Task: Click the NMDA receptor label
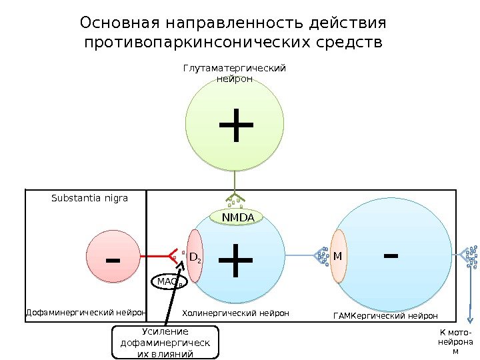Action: (x=237, y=217)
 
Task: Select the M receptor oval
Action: (x=338, y=256)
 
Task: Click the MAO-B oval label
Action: (x=170, y=283)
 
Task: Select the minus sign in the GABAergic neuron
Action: (x=391, y=254)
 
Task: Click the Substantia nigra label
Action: (x=89, y=198)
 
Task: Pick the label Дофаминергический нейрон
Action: (x=85, y=312)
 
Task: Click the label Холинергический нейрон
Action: (x=235, y=313)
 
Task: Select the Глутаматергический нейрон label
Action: (x=234, y=73)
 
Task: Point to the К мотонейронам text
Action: (x=455, y=341)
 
